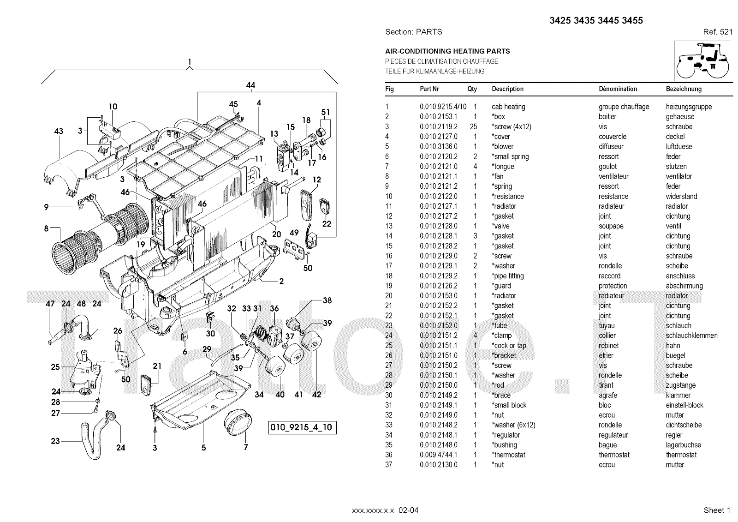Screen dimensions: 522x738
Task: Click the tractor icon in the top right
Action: pyautogui.click(x=702, y=61)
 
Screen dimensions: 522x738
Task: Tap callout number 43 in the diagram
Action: pyautogui.click(x=59, y=131)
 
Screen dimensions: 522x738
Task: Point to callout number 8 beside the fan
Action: pyautogui.click(x=46, y=228)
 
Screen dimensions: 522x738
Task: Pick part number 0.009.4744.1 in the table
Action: pyautogui.click(x=438, y=455)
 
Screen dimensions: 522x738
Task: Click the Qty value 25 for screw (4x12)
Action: pyautogui.click(x=473, y=126)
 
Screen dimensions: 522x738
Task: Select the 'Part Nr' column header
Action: pyautogui.click(x=429, y=89)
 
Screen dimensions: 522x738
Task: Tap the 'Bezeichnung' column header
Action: pyautogui.click(x=684, y=89)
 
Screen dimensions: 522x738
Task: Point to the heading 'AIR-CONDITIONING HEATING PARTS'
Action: pyautogui.click(x=447, y=51)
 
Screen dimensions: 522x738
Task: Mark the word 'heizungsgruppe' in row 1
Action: pyautogui.click(x=689, y=107)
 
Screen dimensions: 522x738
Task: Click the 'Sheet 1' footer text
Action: pyautogui.click(x=717, y=510)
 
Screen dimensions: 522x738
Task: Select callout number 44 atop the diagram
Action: pyautogui.click(x=250, y=85)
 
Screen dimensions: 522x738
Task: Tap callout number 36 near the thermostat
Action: pyautogui.click(x=274, y=309)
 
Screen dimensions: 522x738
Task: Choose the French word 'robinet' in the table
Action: pyautogui.click(x=608, y=345)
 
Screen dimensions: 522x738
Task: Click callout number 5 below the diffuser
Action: pyautogui.click(x=203, y=447)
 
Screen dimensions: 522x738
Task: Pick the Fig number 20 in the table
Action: pyautogui.click(x=388, y=295)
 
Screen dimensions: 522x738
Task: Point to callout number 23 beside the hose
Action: pyautogui.click(x=55, y=441)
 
